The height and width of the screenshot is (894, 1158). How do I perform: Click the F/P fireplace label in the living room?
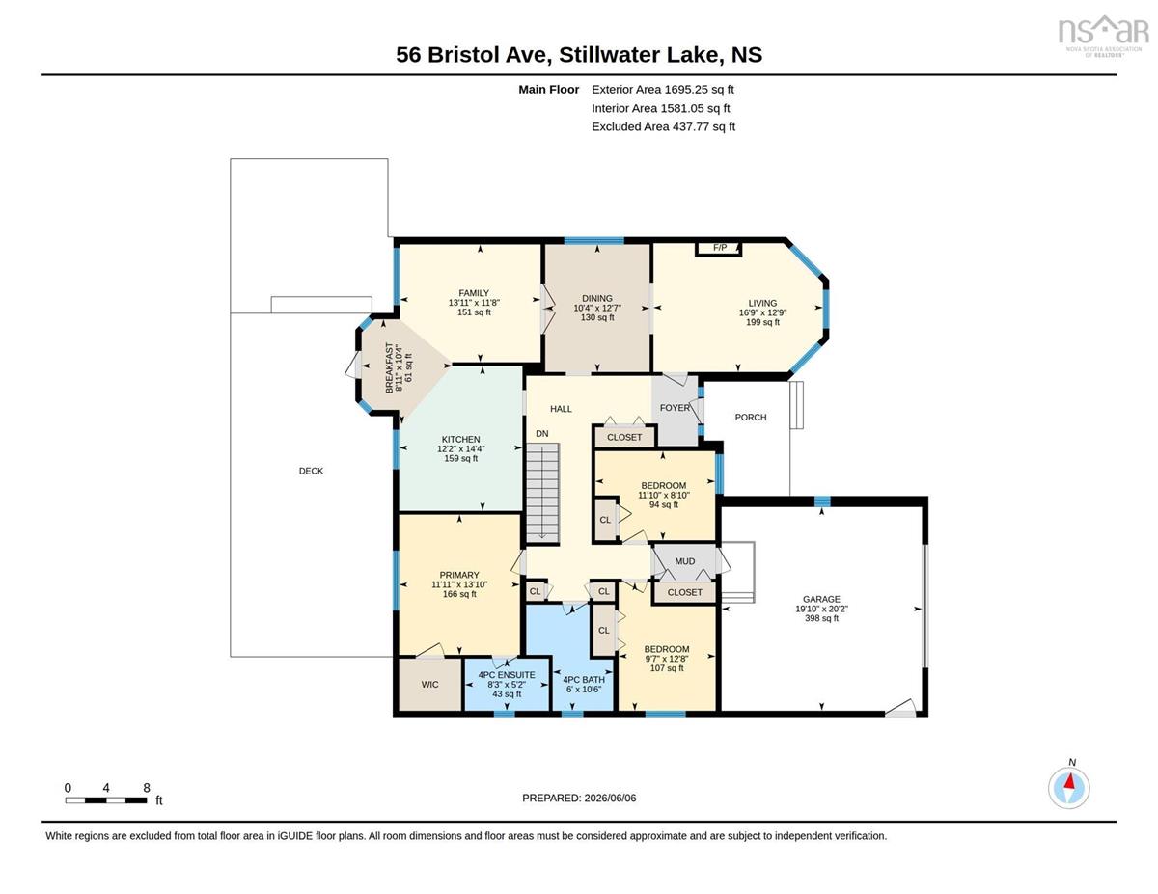click(x=720, y=248)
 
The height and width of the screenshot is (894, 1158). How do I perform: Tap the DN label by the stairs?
click(x=542, y=433)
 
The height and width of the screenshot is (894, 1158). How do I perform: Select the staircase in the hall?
click(x=542, y=493)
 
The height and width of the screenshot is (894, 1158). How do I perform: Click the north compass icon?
click(x=1068, y=788)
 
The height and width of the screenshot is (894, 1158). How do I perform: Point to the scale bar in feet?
click(x=106, y=800)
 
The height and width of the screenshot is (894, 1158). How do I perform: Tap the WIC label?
click(x=429, y=684)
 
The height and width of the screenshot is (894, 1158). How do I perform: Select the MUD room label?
click(x=685, y=561)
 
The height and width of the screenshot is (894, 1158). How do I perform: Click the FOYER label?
click(x=675, y=407)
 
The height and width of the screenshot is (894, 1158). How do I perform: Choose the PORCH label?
click(x=751, y=417)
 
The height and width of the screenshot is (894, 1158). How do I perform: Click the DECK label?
click(x=311, y=471)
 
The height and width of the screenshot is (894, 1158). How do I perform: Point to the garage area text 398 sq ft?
click(x=821, y=618)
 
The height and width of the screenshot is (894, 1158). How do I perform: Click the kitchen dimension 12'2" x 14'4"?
click(x=460, y=448)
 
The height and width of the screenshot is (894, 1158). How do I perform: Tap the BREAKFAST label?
click(x=389, y=367)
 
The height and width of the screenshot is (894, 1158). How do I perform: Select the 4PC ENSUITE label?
click(x=506, y=675)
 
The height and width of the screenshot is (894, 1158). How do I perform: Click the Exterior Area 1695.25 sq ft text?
click(x=662, y=90)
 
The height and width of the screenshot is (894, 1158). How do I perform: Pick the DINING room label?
click(x=596, y=298)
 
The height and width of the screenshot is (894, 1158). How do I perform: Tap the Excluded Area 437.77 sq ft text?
click(x=663, y=126)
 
